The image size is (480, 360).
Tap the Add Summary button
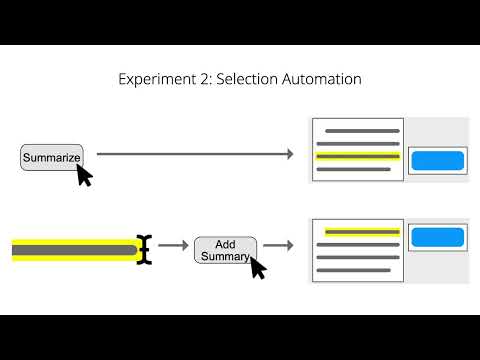225,250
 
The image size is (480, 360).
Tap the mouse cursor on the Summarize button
84,176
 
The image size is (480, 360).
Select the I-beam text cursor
146,249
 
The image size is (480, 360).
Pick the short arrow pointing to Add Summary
173,245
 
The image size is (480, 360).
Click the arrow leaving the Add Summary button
277,245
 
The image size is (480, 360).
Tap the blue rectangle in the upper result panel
437,160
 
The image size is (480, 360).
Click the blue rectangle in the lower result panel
437,238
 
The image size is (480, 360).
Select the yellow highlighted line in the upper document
358,157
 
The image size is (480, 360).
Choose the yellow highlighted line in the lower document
362,232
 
